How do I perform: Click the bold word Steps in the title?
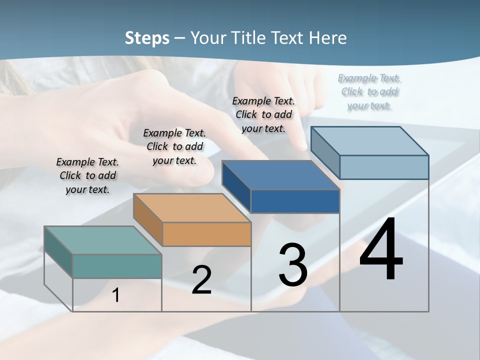pos(147,38)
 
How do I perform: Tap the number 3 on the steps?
pos(293,265)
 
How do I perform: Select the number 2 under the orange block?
pos(201,280)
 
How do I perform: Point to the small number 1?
pos(116,295)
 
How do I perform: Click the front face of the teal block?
pos(117,266)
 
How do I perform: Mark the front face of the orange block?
pos(206,234)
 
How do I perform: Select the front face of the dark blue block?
pos(295,201)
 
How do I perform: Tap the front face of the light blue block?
pos(384,167)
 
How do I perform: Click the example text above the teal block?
pos(87,175)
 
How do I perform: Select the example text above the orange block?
pos(174,146)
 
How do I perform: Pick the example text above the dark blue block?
pos(263,114)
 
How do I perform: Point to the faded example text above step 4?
pos(369,91)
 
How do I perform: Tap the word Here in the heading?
pos(328,38)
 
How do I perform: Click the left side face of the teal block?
pos(58,251)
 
